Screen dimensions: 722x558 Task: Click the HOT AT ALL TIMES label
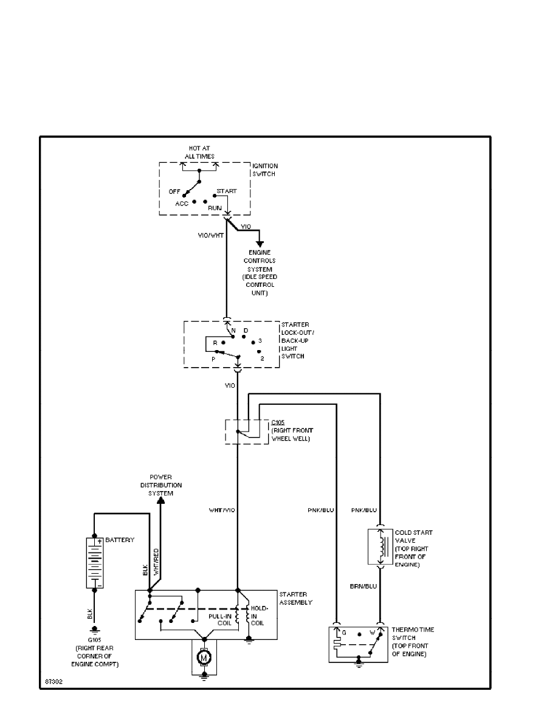199,153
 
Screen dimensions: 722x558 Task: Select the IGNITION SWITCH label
265,169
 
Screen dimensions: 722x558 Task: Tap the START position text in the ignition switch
227,191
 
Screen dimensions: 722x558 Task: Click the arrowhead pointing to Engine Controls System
260,243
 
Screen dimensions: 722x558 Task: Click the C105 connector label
277,422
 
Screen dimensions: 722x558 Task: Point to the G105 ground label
94,640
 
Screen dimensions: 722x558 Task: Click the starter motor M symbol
205,657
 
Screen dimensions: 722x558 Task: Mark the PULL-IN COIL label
219,619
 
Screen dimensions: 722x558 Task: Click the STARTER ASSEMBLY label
295,598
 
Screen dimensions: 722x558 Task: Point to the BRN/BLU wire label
363,586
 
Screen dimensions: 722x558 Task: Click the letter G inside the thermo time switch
344,633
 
